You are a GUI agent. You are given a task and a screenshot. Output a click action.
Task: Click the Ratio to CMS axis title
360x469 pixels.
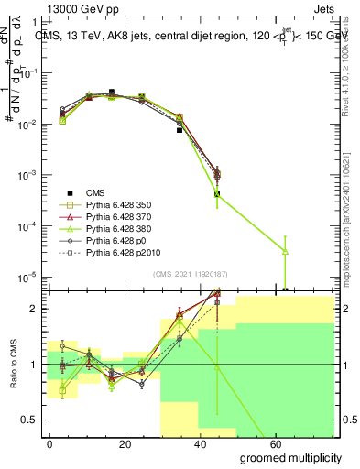click(x=12, y=363)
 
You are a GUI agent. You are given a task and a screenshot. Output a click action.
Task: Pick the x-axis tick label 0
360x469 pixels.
click(x=49, y=442)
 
